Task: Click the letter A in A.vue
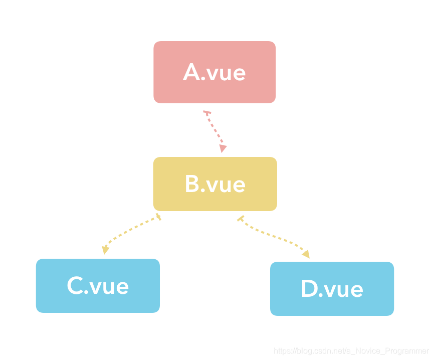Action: click(192, 73)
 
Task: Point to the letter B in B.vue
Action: click(192, 184)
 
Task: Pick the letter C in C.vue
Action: click(75, 286)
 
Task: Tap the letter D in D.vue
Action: click(309, 289)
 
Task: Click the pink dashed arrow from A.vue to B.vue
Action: click(214, 130)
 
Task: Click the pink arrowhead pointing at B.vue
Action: click(223, 148)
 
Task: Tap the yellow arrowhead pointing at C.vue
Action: click(105, 250)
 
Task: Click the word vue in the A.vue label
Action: click(226, 73)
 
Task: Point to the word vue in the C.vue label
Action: click(109, 286)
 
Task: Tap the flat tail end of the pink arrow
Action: click(206, 111)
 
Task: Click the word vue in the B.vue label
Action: click(226, 185)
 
